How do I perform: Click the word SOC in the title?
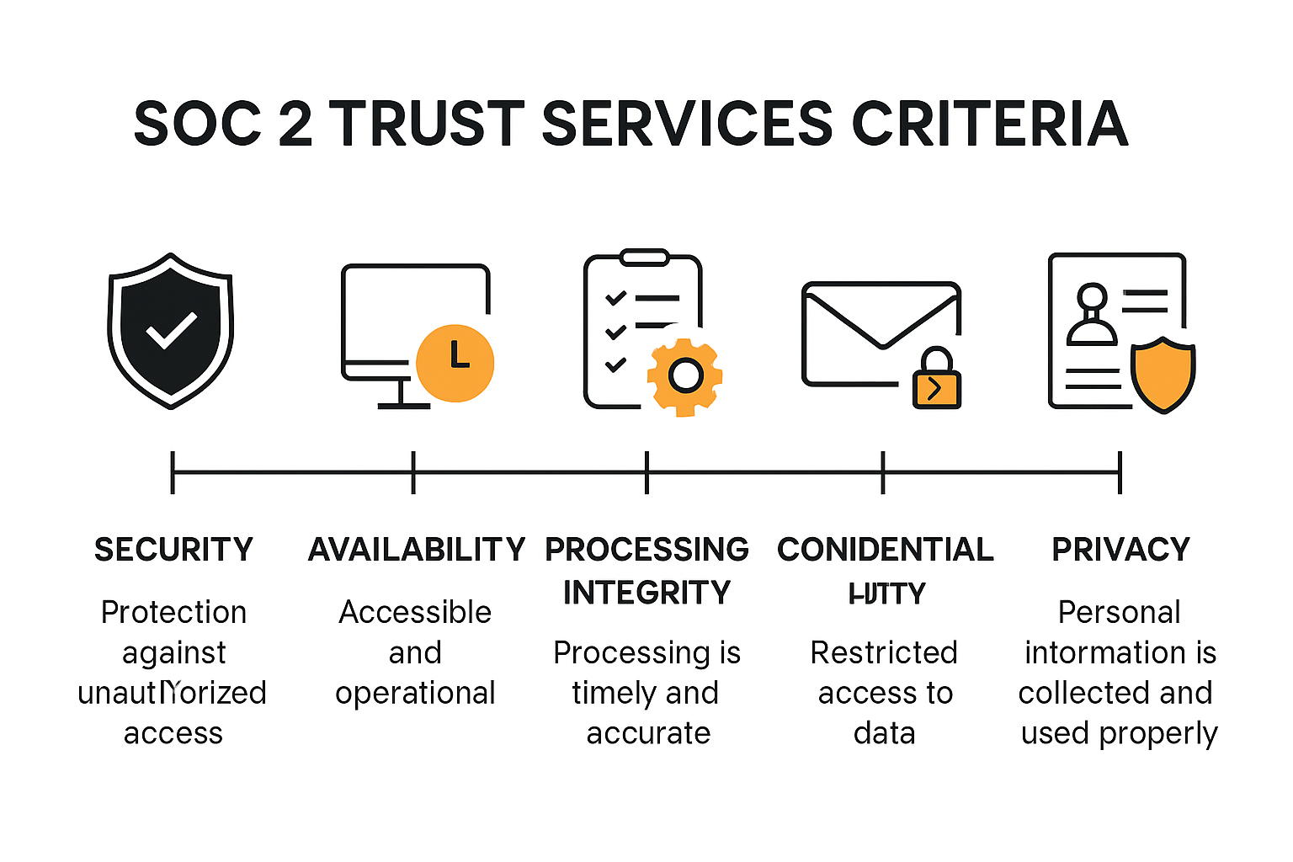coord(198,124)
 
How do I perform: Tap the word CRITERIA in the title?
coord(990,124)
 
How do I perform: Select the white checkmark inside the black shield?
coord(171,330)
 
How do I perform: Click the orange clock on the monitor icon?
coord(455,363)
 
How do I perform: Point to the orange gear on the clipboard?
coord(685,376)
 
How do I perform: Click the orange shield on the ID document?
coord(1163,374)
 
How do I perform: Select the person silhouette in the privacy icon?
coord(1092,317)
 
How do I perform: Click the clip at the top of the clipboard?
coord(644,257)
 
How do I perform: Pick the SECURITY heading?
coord(173,550)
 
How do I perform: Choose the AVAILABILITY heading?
coord(417,550)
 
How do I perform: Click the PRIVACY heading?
coord(1120,550)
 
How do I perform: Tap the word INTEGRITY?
coord(646,593)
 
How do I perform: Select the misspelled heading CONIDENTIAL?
coord(885,550)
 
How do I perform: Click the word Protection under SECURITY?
coord(173,612)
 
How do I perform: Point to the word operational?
coord(415,693)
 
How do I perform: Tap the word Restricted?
coord(884,652)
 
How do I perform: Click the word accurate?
coord(648,733)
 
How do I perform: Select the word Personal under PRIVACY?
coord(1119,612)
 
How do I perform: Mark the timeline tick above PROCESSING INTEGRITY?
coord(646,472)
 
